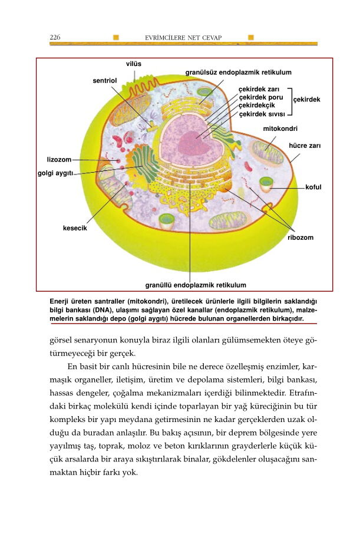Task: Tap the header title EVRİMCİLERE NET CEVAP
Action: coord(183,38)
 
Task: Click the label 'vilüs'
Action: coord(134,64)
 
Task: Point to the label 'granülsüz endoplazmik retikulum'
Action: coord(238,72)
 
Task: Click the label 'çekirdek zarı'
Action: coord(258,89)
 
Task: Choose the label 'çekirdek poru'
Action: coord(260,97)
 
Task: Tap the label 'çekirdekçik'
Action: coord(257,106)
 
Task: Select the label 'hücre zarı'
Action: coord(304,144)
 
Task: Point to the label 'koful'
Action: coord(313,187)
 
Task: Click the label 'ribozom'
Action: coord(300,238)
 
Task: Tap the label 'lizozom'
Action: coord(59,160)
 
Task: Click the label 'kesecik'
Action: coord(75,228)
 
